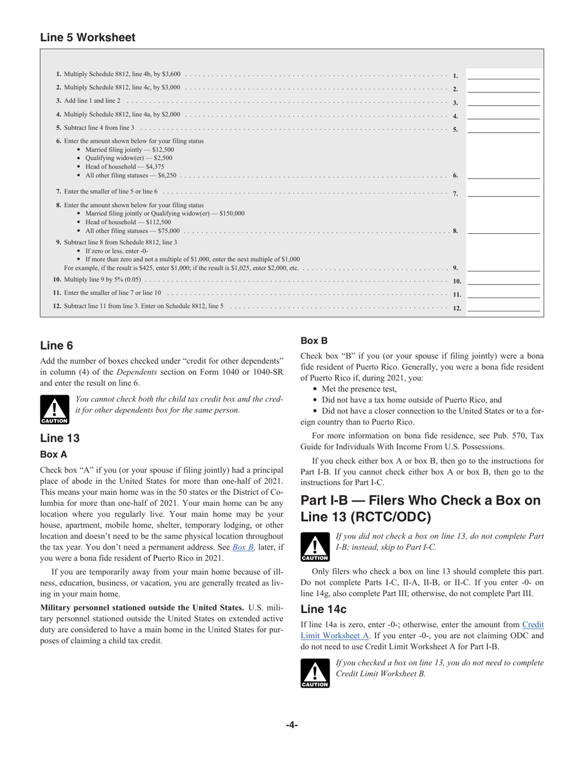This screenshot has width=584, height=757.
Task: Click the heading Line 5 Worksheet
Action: (x=87, y=38)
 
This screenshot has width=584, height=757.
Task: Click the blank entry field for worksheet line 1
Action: (x=503, y=74)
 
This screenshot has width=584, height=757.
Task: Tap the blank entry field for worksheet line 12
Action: (x=503, y=307)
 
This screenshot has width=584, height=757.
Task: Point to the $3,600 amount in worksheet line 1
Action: (x=172, y=74)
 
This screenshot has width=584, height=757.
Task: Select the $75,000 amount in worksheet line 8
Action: (x=169, y=230)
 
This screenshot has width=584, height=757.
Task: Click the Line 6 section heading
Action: (x=57, y=345)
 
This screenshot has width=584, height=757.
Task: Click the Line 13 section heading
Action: (x=60, y=438)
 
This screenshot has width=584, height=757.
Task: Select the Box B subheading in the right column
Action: (x=314, y=340)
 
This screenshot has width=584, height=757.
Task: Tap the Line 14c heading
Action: (x=323, y=609)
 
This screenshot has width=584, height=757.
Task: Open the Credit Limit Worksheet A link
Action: (x=532, y=624)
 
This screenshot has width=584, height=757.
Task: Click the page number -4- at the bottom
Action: (x=291, y=725)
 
